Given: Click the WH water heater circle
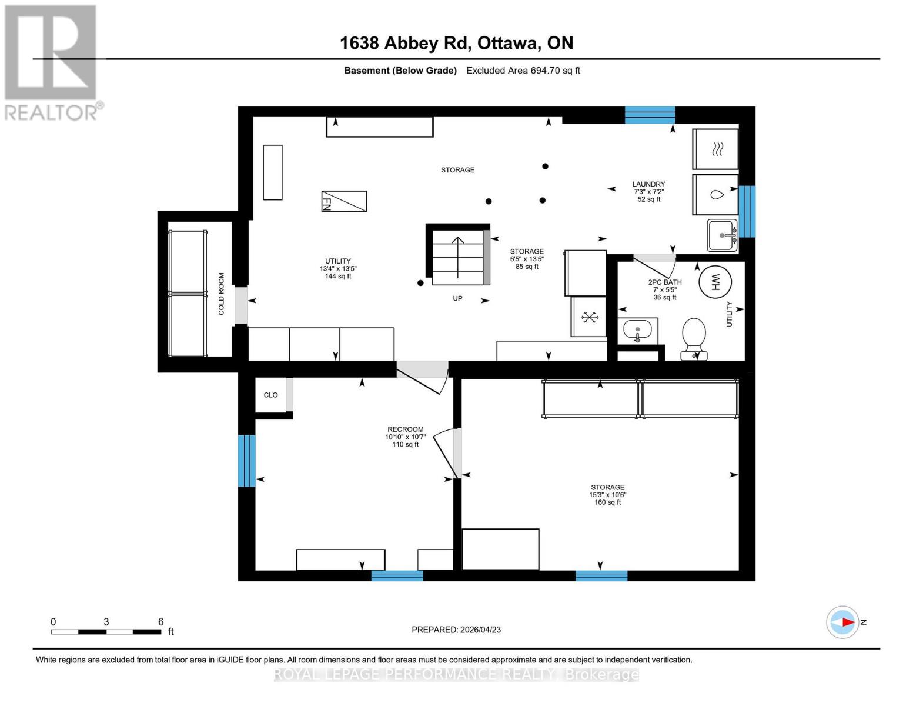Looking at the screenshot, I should click(x=715, y=282).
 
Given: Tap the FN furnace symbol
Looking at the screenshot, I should click(x=344, y=201).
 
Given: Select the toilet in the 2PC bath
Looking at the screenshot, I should click(x=694, y=338).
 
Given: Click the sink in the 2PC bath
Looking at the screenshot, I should click(x=637, y=331).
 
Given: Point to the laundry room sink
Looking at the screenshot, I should click(x=723, y=235).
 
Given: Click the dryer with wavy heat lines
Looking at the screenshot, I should click(x=715, y=150).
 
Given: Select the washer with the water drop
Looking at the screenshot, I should click(x=715, y=195).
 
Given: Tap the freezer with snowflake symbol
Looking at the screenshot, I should click(x=588, y=317).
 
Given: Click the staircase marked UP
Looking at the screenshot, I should click(x=458, y=257).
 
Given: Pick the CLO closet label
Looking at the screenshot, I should click(x=270, y=395).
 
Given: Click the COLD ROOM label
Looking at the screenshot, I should click(x=222, y=293).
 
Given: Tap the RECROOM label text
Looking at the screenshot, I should click(x=405, y=429).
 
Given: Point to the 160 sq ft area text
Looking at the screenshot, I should click(x=607, y=502).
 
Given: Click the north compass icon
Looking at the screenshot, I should click(x=842, y=622).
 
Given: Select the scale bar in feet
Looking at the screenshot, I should click(x=106, y=631).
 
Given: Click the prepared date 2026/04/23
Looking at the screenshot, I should click(x=456, y=630).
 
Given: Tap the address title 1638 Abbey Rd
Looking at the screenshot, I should click(x=456, y=43).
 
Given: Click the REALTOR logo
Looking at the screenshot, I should click(x=52, y=62).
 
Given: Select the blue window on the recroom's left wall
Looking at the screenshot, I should click(x=246, y=461).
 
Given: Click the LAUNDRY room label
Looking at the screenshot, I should click(x=648, y=184).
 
